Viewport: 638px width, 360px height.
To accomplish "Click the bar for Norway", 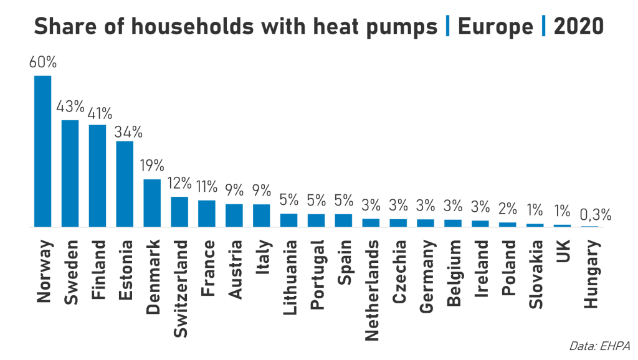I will [x=42, y=151].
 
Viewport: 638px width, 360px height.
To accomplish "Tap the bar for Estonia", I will [x=125, y=184].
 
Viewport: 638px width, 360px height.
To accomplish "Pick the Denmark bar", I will [x=152, y=203].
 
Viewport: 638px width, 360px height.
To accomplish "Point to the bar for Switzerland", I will [x=179, y=212].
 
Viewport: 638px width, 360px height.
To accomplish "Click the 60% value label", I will [x=42, y=62].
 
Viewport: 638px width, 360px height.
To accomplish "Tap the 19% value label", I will [x=152, y=166].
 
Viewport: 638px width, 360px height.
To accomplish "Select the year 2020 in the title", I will [x=579, y=27].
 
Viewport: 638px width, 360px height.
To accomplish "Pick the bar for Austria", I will [x=234, y=216].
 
